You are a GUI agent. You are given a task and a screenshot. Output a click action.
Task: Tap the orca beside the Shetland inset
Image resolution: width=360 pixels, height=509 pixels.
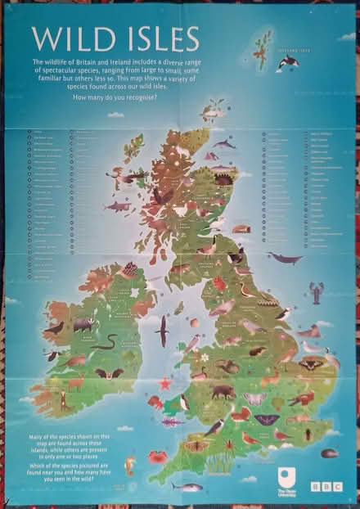[288, 61]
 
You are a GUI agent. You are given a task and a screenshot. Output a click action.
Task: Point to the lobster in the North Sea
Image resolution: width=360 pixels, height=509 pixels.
[316, 291]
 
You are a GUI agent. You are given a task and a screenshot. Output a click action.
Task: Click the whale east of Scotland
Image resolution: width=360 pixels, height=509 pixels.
[285, 259]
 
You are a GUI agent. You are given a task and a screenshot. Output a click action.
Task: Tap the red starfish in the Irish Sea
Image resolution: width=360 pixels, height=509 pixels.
[164, 382]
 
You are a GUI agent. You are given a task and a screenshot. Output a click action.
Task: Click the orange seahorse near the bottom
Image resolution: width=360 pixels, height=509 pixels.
[129, 466]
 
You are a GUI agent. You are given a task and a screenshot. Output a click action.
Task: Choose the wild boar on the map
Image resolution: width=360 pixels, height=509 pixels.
[222, 391]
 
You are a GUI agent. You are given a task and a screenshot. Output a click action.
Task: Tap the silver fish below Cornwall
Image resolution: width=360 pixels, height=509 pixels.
[187, 487]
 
